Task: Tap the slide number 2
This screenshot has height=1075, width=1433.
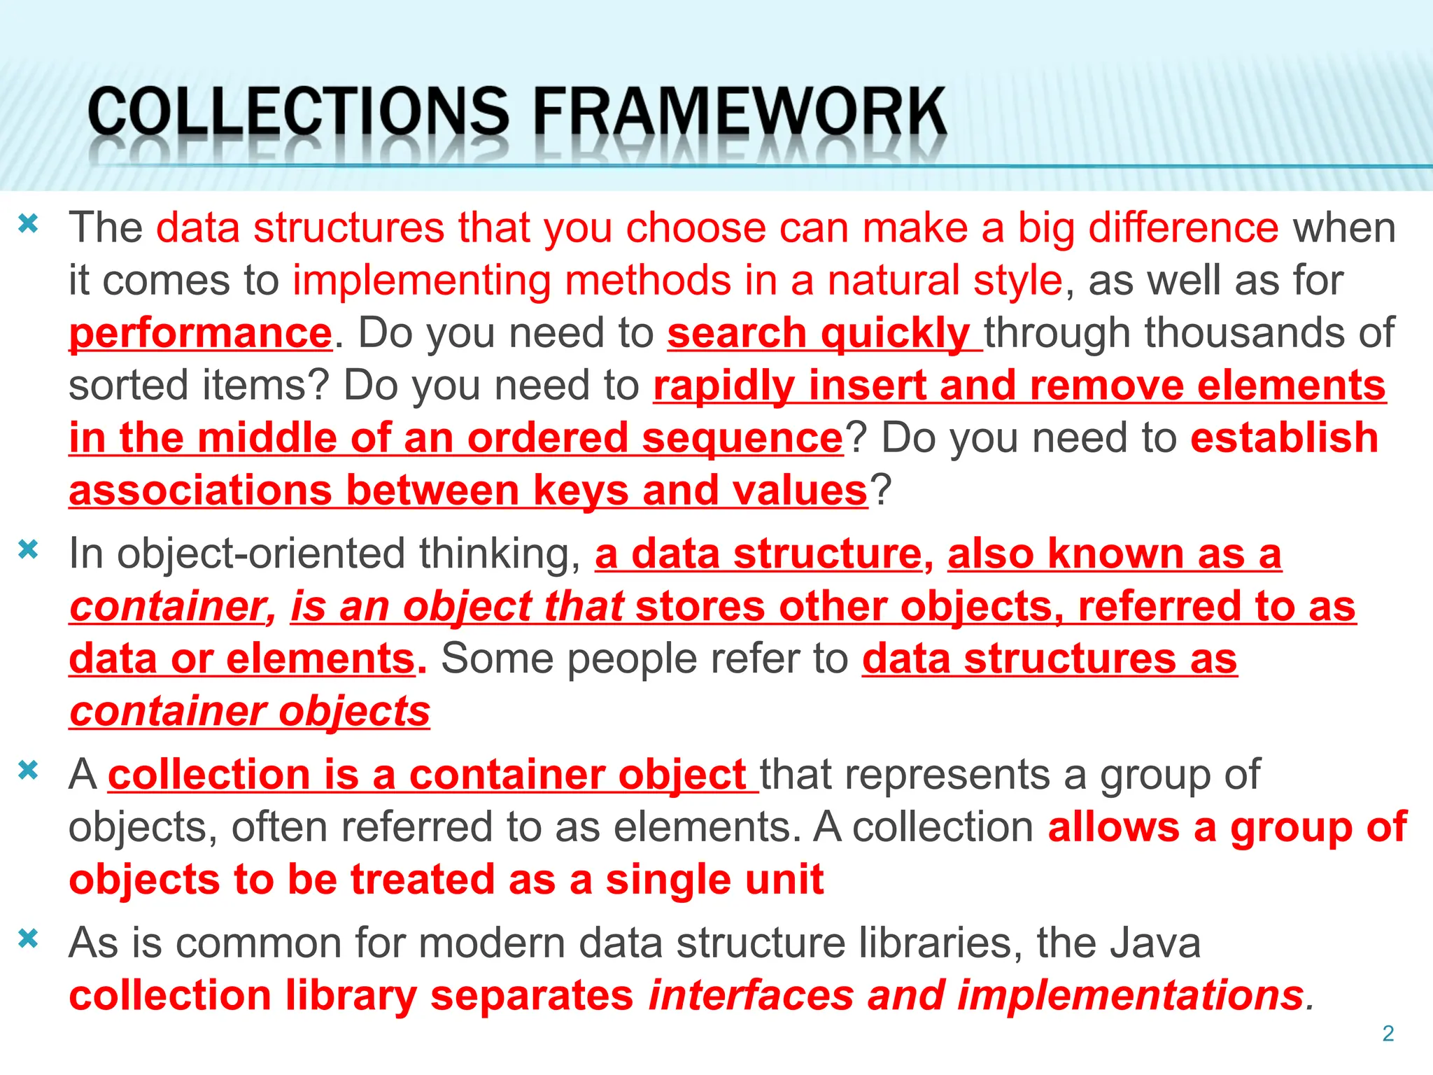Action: pos(1388,1033)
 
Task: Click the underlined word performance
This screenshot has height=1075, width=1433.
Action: pos(200,332)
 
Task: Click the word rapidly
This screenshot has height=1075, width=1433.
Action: pos(723,386)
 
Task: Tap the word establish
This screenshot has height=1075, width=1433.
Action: pos(1284,438)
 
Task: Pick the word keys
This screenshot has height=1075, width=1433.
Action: pos(581,490)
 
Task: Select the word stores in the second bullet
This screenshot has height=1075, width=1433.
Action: pos(700,606)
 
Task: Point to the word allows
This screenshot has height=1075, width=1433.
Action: pos(1113,827)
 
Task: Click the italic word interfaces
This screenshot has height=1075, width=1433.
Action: pos(751,995)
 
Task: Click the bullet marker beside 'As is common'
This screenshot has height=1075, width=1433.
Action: pos(28,939)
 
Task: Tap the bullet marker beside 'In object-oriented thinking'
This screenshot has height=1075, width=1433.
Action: pos(28,549)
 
